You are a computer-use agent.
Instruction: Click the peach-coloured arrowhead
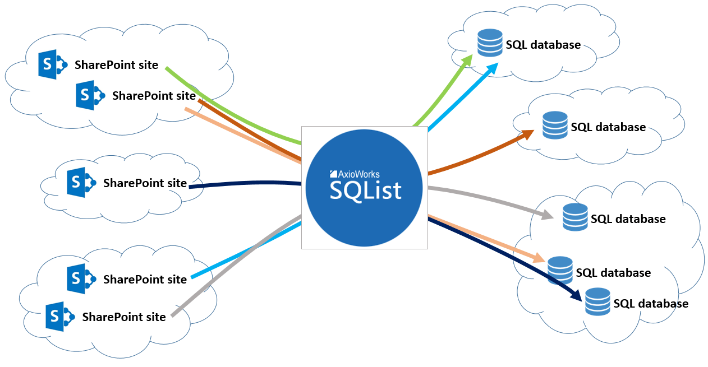(540, 258)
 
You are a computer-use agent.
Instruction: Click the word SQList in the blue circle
(365, 191)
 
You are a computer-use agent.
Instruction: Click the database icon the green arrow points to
(490, 43)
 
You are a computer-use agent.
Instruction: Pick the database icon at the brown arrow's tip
(555, 126)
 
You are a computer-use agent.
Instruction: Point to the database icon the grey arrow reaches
(575, 217)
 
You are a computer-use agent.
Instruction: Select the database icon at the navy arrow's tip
(597, 302)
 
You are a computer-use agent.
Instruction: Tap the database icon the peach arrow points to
(560, 271)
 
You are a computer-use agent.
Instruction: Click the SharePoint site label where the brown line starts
(154, 96)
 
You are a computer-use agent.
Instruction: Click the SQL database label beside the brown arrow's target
(608, 127)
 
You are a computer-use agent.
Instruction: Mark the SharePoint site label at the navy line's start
(145, 183)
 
